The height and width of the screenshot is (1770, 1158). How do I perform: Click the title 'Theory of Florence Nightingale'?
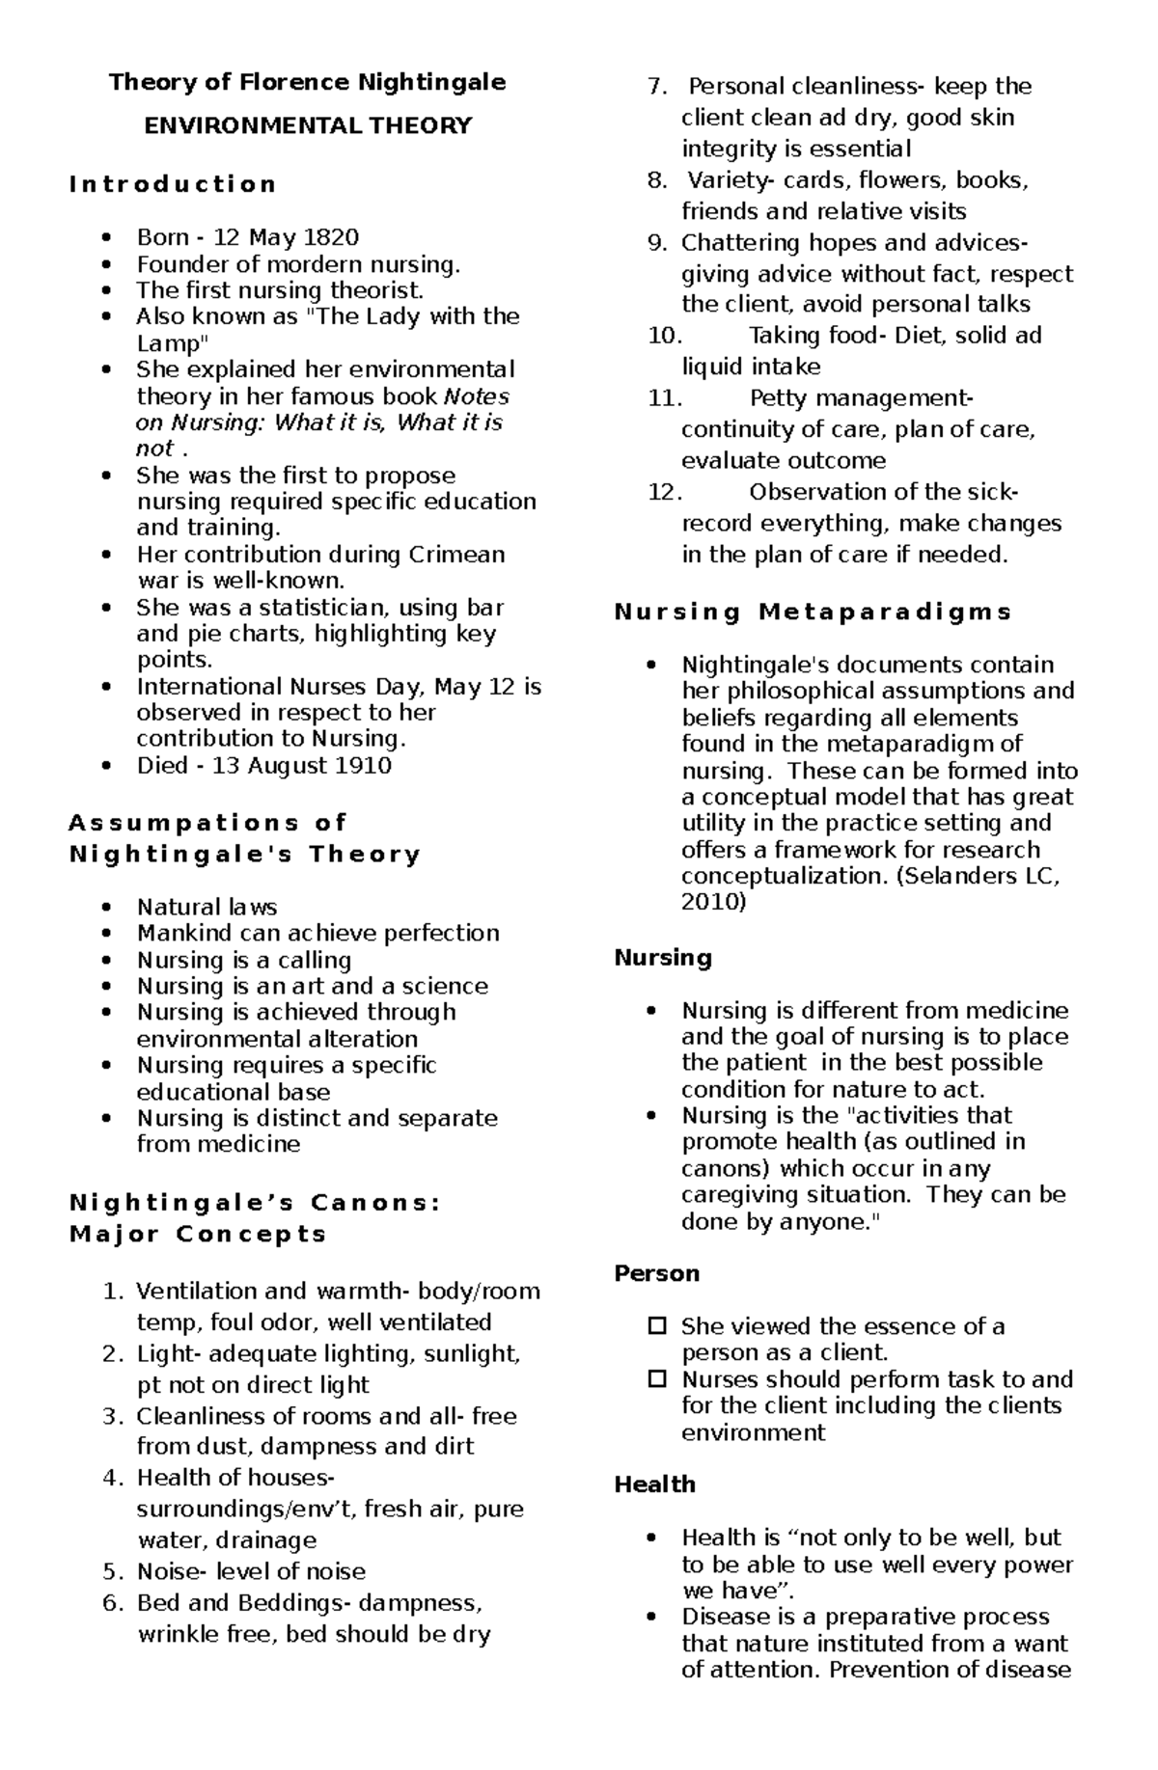(307, 82)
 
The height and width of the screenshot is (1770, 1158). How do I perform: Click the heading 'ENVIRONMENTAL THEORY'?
(307, 125)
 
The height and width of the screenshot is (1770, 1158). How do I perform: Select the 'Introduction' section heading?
(173, 184)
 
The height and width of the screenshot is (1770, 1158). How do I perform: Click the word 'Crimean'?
(456, 555)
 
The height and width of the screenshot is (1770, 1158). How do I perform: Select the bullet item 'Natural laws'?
(207, 908)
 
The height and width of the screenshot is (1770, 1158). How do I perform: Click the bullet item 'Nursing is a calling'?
(243, 961)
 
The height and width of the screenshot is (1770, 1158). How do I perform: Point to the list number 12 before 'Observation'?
(664, 492)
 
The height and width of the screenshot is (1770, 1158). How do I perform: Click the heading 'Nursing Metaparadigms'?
(813, 612)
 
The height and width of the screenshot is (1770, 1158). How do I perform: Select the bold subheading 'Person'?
(656, 1273)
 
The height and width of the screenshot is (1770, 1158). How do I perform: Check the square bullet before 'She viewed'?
(656, 1326)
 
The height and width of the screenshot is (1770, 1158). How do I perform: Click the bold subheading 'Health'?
(654, 1484)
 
